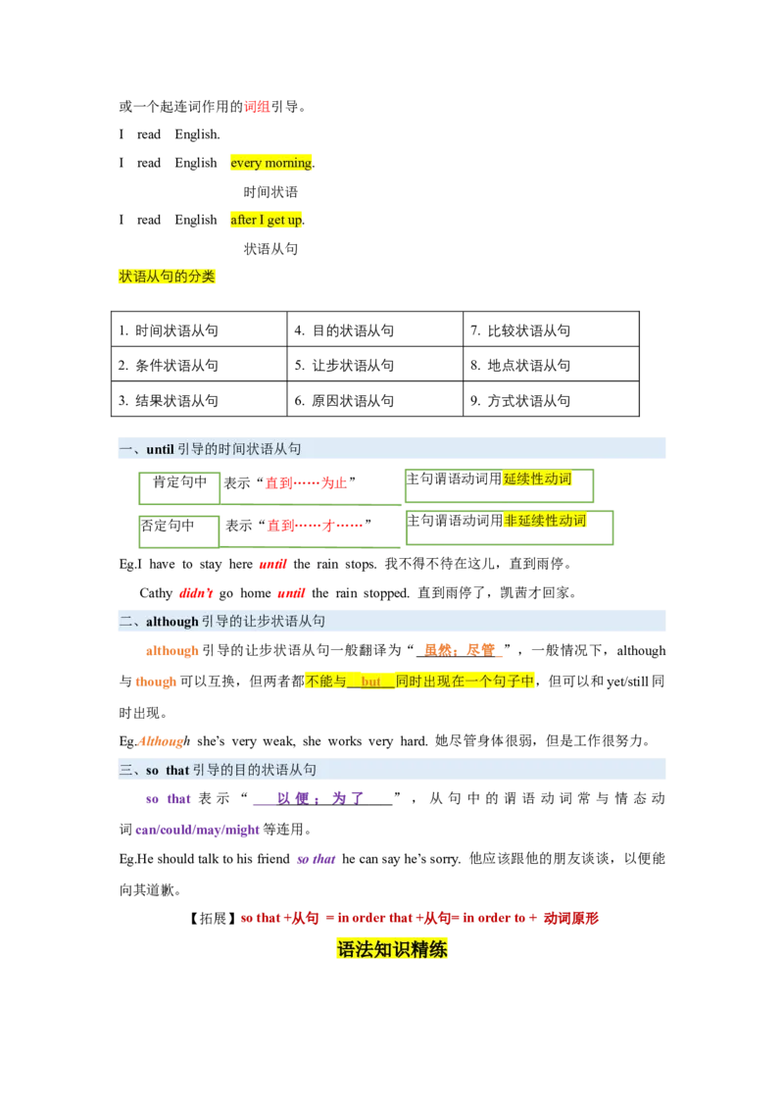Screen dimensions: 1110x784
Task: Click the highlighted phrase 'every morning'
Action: [270, 162]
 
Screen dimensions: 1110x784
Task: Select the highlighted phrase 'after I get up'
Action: [267, 220]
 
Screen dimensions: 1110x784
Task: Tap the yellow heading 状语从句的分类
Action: [167, 277]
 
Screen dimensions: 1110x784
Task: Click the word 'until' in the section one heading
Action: [160, 449]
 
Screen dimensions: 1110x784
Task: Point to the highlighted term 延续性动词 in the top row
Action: [537, 479]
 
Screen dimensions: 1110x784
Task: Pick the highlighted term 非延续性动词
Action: [545, 521]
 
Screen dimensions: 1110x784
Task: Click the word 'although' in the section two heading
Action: [172, 621]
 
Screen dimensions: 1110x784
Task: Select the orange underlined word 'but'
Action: [370, 681]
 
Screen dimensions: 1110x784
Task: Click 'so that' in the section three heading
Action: [168, 770]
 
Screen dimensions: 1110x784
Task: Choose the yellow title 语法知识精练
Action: [392, 949]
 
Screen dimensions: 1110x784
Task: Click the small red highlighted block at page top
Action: [257, 106]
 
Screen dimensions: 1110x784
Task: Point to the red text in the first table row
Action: [307, 483]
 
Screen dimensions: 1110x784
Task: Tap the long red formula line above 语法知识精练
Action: [419, 918]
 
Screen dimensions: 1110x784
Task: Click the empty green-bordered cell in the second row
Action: [176, 527]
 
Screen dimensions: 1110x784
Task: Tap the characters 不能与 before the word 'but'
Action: [326, 681]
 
